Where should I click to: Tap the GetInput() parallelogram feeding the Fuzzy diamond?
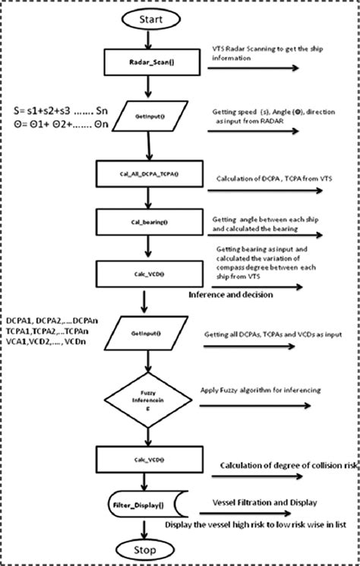(144, 333)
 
